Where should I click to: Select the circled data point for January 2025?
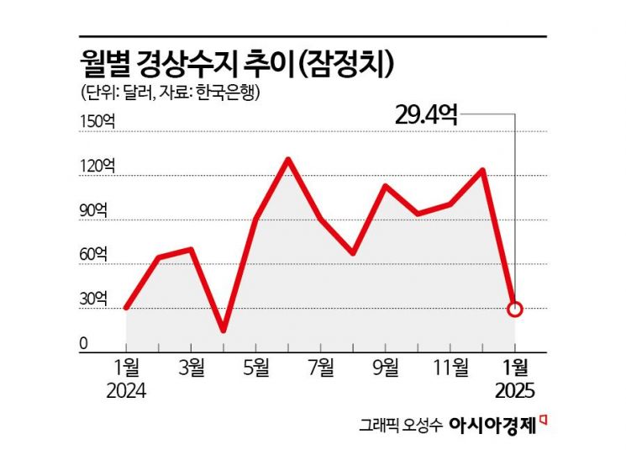click(x=516, y=310)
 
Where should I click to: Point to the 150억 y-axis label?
click(x=97, y=121)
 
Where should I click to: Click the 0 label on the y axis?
click(x=84, y=342)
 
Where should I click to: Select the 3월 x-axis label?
click(x=192, y=368)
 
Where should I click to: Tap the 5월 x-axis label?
click(x=256, y=368)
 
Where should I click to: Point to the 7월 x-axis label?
click(x=321, y=368)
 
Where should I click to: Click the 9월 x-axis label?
click(x=386, y=368)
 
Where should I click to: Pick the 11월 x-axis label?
click(x=450, y=368)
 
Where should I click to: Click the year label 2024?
click(x=126, y=391)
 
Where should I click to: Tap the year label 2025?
click(x=515, y=391)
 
